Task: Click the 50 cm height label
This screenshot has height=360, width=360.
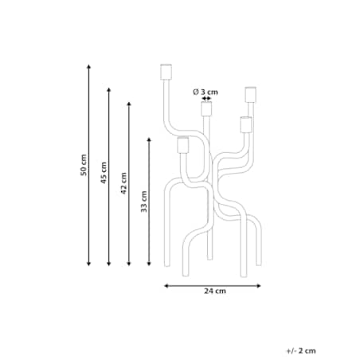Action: (84, 165)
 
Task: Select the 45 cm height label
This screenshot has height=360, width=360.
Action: (104, 173)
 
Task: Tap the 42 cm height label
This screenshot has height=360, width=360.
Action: (123, 183)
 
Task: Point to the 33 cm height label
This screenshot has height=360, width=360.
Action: (143, 202)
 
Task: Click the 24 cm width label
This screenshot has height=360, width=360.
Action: (215, 291)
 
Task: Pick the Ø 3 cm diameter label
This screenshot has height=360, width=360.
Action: (205, 92)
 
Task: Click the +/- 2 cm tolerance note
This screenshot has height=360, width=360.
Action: (301, 350)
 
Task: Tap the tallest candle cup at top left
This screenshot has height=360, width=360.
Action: (166, 72)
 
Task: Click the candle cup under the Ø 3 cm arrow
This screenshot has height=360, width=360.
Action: (206, 109)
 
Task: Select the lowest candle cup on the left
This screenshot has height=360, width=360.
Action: (183, 145)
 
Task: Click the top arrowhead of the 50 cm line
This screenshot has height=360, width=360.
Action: (89, 66)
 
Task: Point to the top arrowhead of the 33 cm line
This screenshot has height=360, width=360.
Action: (149, 140)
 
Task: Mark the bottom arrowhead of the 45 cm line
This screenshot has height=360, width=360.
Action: (108, 264)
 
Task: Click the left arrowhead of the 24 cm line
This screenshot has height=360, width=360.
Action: (166, 286)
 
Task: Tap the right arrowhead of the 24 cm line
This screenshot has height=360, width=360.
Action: (259, 286)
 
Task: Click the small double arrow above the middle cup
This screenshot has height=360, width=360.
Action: (206, 99)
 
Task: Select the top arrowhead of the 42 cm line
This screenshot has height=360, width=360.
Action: (129, 104)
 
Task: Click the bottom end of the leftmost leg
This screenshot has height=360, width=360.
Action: (166, 265)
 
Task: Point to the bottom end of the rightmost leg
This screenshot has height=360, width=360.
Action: (259, 264)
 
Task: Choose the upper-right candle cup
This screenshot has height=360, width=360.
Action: (251, 95)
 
